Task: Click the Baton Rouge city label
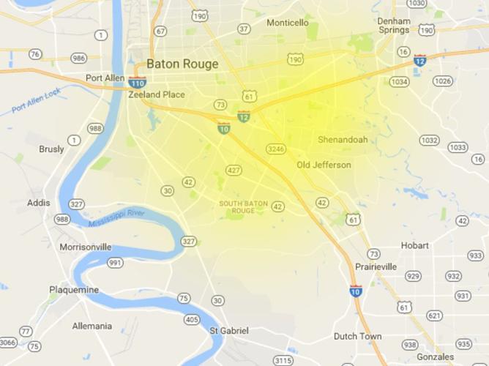click(x=182, y=64)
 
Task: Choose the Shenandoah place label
click(x=343, y=139)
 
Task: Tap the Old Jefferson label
click(x=324, y=165)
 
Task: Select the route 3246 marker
click(x=276, y=149)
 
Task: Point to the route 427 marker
click(x=234, y=170)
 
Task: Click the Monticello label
click(x=287, y=23)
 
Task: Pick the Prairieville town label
click(x=376, y=267)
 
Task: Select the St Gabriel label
click(x=230, y=331)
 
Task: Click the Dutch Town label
click(x=357, y=337)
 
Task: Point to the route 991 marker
click(x=115, y=262)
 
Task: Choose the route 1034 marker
click(x=399, y=81)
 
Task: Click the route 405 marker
click(x=192, y=319)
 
